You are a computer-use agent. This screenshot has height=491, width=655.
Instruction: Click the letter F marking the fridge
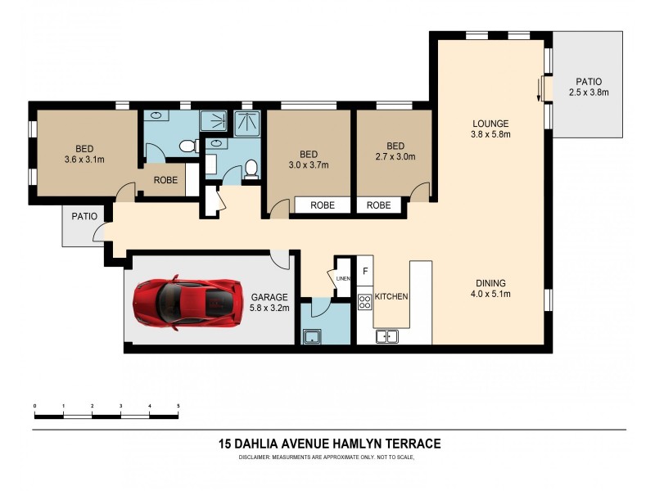click(x=365, y=270)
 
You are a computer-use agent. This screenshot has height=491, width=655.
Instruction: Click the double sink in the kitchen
click(x=386, y=336)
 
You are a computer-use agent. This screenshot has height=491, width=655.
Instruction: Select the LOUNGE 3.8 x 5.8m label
click(x=490, y=128)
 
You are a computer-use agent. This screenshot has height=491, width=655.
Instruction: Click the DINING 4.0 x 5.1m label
click(x=490, y=289)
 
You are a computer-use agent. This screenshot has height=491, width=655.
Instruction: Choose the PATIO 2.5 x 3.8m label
click(x=589, y=88)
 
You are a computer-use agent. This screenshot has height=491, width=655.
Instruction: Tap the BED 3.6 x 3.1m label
click(x=84, y=154)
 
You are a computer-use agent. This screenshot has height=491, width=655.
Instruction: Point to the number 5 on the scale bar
click(x=178, y=406)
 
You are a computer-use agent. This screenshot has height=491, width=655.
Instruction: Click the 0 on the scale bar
click(x=34, y=406)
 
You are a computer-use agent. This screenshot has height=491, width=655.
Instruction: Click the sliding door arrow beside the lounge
click(x=540, y=90)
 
